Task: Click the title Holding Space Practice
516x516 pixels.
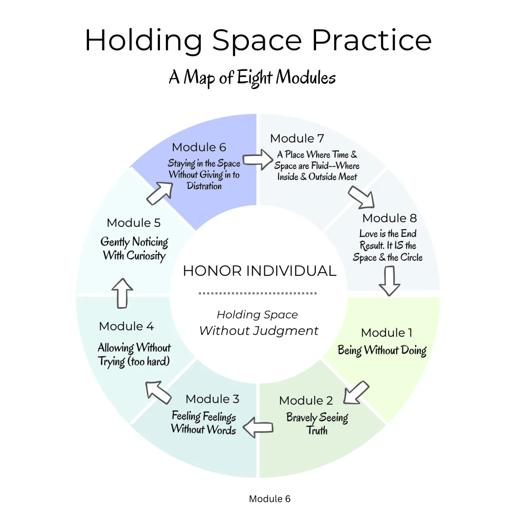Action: (258, 41)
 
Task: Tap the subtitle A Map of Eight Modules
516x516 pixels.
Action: (252, 78)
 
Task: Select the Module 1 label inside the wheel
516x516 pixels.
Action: (387, 333)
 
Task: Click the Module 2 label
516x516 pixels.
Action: (306, 401)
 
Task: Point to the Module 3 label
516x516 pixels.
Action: (212, 399)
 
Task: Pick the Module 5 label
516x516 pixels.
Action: (134, 223)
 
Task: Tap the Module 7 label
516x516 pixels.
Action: (297, 138)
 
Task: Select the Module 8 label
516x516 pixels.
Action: (390, 218)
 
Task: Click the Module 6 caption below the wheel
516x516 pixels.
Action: (270, 499)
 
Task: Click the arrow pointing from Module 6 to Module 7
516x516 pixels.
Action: (258, 160)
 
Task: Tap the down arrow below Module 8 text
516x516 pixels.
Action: (389, 281)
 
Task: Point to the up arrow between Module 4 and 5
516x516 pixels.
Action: (123, 293)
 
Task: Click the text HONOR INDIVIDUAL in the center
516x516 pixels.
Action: (259, 271)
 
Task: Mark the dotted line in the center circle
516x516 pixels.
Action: (258, 293)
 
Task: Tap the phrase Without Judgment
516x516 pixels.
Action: (259, 331)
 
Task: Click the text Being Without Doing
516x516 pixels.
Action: (382, 350)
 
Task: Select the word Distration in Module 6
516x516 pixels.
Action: (204, 186)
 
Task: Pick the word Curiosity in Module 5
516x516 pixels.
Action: (146, 256)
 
